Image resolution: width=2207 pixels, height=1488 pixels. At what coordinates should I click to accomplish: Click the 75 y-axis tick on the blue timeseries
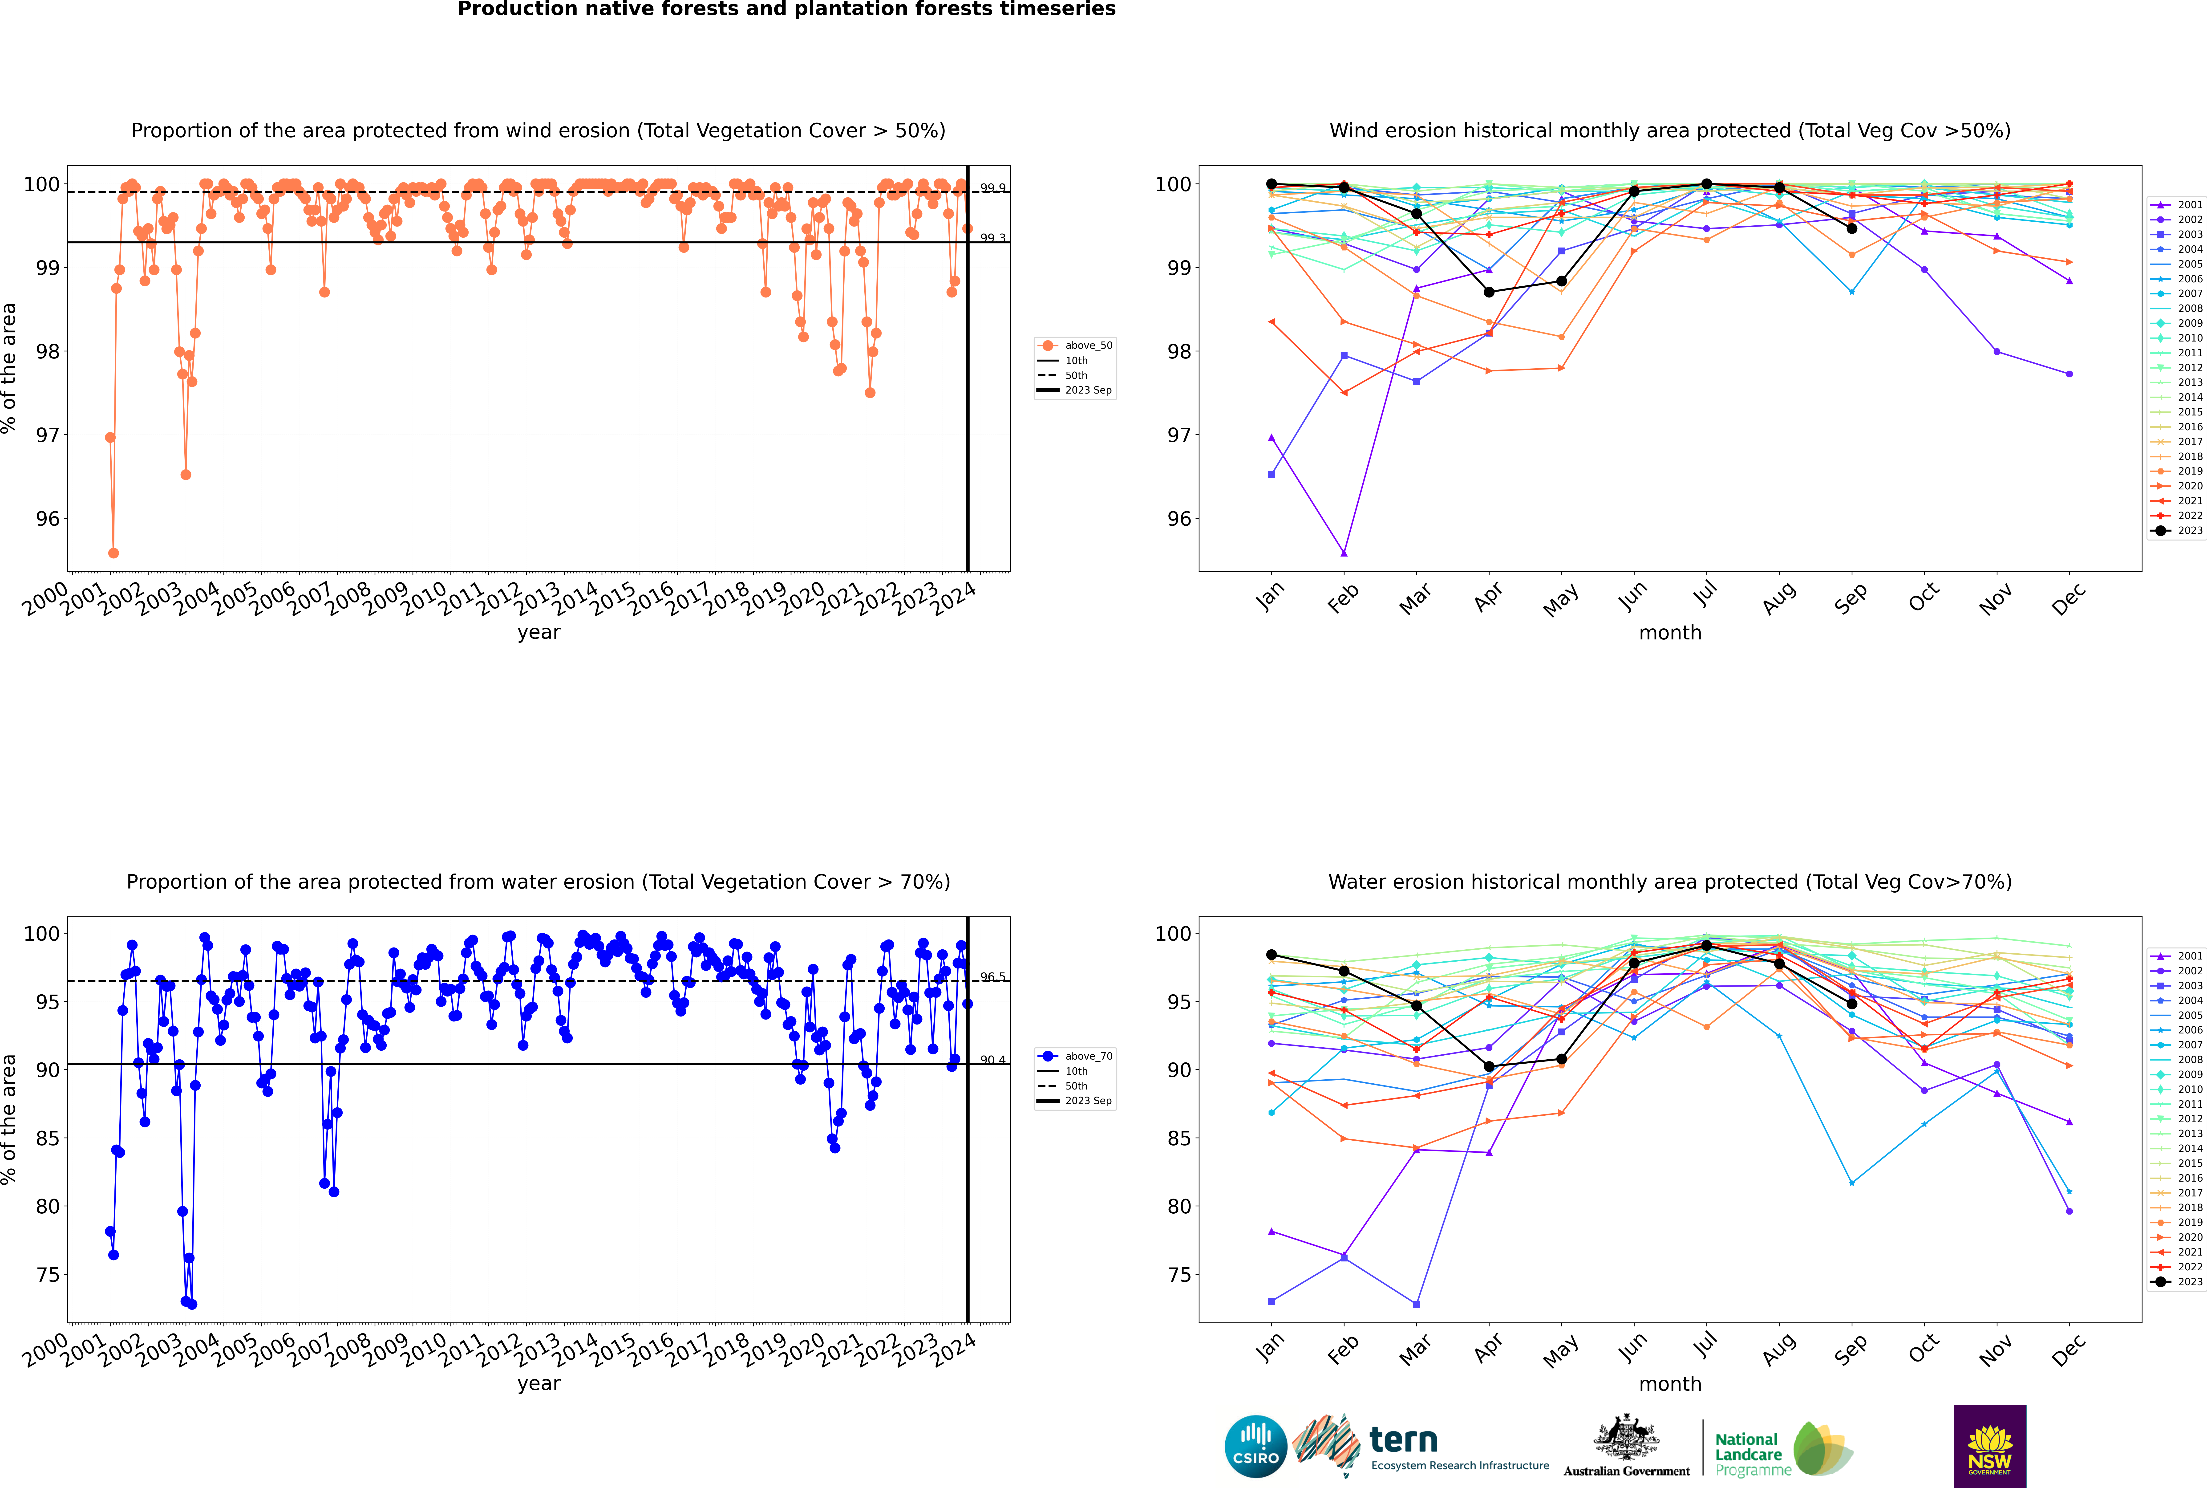point(47,1274)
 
